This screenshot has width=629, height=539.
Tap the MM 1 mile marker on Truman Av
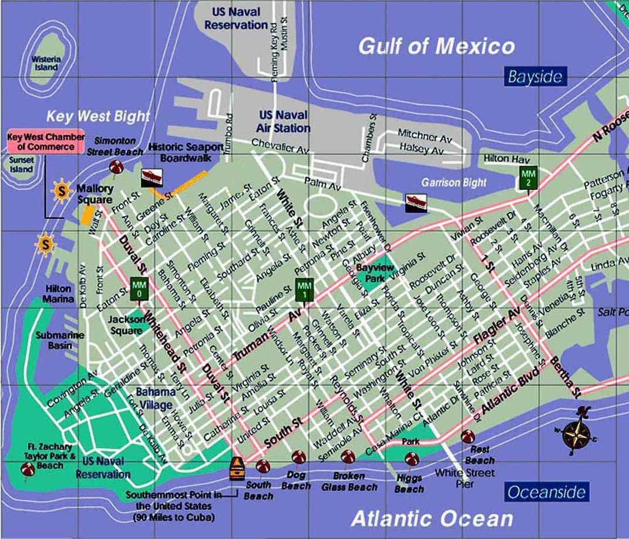click(303, 287)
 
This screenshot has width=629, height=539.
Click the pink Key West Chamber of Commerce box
click(45, 142)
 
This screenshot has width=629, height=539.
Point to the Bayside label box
click(535, 77)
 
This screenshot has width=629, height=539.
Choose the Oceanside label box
click(547, 491)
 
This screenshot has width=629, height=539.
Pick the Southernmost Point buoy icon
click(237, 469)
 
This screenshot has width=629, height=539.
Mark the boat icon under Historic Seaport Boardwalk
click(152, 176)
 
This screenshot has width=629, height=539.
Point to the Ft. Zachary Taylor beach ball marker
click(27, 469)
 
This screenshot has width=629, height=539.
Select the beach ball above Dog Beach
click(298, 458)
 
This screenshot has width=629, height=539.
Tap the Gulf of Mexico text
click(436, 46)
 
